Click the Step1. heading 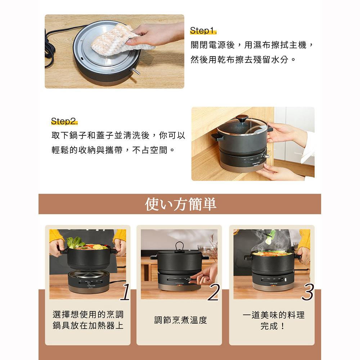[x=203, y=31]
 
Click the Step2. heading [x=64, y=121]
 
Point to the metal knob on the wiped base [x=135, y=71]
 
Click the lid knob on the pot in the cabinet [x=242, y=118]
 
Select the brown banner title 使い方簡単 [x=180, y=204]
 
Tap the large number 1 [x=126, y=292]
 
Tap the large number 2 [x=214, y=292]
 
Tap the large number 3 [x=308, y=292]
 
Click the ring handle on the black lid [x=179, y=247]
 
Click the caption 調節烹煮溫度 [x=180, y=320]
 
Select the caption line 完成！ [x=273, y=326]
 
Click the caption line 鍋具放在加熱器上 [x=88, y=325]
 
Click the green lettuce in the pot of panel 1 [x=75, y=243]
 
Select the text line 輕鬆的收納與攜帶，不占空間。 [x=113, y=150]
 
